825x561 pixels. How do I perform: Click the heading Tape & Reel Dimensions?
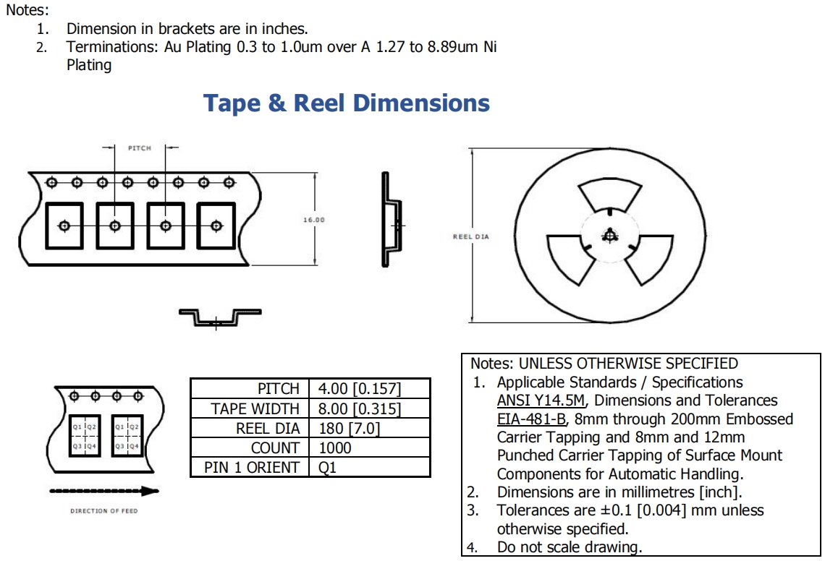346,103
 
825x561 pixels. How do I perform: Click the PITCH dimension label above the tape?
140,148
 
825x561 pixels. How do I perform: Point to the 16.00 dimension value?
313,220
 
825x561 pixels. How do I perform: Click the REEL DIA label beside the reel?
471,236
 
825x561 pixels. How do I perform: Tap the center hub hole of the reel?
610,236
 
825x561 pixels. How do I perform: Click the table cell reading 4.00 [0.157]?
360,388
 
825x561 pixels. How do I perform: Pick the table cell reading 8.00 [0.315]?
360,408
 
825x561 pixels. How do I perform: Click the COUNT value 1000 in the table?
334,448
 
